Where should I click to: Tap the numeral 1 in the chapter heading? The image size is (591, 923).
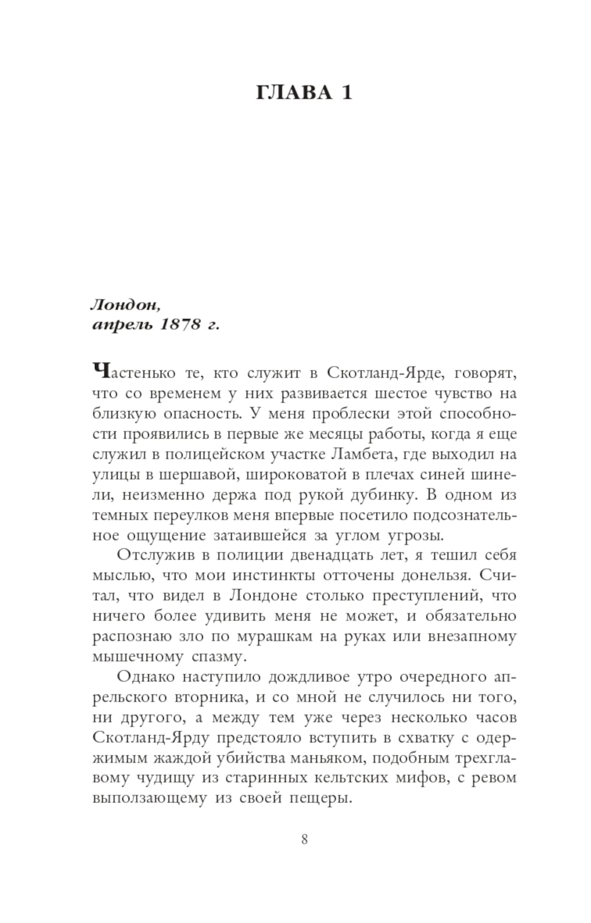[346, 93]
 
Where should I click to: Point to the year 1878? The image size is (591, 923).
[178, 325]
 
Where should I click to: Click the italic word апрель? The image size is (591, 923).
[120, 325]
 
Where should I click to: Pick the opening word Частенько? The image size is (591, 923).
[134, 373]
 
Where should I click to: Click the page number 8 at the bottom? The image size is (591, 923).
[304, 839]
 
